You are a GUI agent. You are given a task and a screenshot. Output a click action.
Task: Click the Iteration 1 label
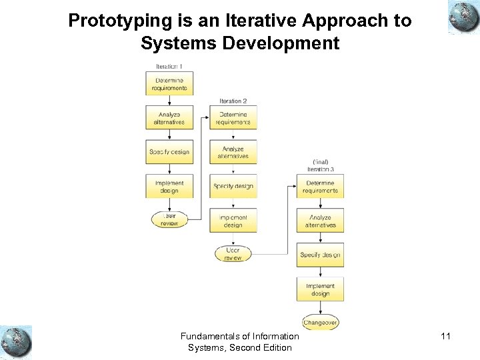[169, 67]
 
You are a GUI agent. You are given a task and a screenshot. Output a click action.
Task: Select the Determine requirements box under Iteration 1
[169, 84]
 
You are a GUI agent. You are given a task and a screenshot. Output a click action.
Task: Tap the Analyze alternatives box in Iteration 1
[169, 118]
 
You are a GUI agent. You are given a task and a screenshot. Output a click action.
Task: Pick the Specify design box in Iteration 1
[169, 152]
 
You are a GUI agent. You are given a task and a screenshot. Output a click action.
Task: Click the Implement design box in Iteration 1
[169, 187]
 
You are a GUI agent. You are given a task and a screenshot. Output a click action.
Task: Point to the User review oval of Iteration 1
[169, 219]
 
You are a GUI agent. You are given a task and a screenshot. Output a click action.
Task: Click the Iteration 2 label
[233, 101]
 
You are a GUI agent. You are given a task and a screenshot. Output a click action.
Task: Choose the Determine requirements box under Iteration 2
[233, 118]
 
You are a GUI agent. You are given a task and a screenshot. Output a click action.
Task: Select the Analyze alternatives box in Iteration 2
[233, 153]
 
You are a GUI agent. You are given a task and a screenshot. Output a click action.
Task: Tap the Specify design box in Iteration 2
[233, 186]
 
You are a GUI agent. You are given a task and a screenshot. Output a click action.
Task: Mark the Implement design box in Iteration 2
[233, 221]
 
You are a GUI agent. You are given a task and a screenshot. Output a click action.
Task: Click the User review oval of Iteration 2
[233, 254]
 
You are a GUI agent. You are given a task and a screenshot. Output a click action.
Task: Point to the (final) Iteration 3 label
[320, 166]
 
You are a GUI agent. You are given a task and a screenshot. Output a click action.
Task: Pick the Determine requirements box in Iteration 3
[320, 187]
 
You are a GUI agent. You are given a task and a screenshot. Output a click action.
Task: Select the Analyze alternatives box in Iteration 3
[320, 221]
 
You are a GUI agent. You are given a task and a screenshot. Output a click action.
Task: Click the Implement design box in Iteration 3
[320, 289]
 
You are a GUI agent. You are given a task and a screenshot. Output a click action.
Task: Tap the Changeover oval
[320, 322]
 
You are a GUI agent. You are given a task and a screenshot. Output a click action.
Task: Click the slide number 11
[445, 337]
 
